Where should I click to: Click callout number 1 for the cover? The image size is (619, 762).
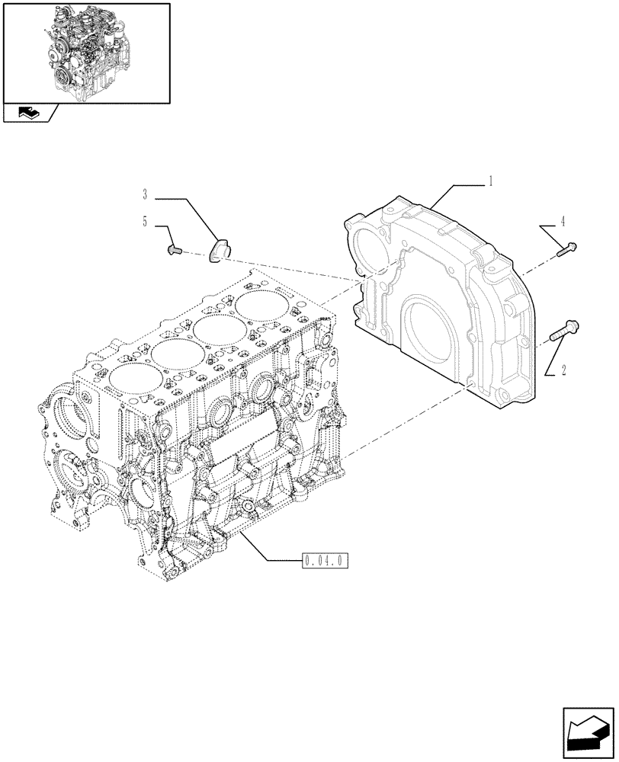coord(491,181)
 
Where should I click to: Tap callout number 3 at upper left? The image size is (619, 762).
coord(144,195)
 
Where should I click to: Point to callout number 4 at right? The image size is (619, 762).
coord(563,222)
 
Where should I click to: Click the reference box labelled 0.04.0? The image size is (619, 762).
coord(325,562)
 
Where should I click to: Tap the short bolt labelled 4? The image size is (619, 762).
coord(568,248)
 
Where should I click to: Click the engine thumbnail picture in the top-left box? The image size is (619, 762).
coord(86,52)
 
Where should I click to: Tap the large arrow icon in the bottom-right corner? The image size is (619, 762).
coord(588,733)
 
